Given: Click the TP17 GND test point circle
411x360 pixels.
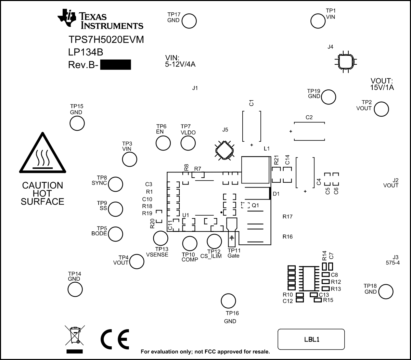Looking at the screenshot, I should click(x=189, y=21).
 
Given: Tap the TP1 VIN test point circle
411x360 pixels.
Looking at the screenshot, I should click(x=318, y=21).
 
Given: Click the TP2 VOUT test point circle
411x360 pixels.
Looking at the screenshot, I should click(x=381, y=109).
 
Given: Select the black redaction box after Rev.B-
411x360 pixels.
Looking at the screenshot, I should click(x=116, y=65).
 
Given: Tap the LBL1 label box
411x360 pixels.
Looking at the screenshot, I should click(x=311, y=339).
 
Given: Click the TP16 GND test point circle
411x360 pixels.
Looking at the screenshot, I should click(x=228, y=301).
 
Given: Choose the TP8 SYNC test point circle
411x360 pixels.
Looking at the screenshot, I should click(x=116, y=184).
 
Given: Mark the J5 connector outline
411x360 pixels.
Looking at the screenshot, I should click(x=224, y=150).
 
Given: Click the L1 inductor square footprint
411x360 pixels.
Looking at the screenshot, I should click(x=255, y=170).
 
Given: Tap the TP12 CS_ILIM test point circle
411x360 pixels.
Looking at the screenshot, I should click(x=214, y=241).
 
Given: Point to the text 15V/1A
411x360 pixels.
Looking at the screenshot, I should click(x=382, y=88).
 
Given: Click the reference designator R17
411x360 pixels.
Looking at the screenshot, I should click(x=287, y=217).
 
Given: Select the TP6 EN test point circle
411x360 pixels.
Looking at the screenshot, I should click(x=163, y=143).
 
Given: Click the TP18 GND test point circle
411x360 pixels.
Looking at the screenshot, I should click(x=386, y=291).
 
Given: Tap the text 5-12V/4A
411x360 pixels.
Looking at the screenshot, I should click(x=180, y=64).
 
